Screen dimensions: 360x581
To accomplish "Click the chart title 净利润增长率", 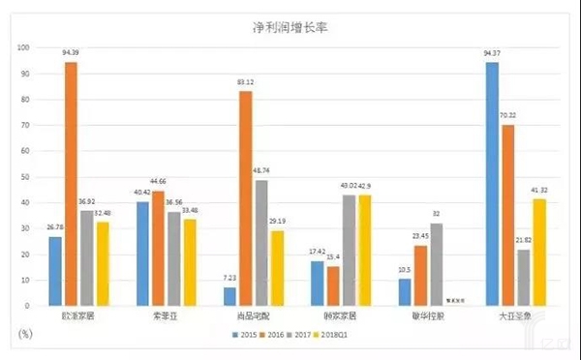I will [x=290, y=28].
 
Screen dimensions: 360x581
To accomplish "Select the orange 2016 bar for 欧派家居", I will [x=71, y=184].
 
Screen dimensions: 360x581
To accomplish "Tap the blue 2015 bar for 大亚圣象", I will [x=492, y=184].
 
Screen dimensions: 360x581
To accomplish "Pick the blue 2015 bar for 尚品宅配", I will [x=229, y=296].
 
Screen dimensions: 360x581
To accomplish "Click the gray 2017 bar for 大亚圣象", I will [x=523, y=277].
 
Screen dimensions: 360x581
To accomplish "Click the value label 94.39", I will [x=72, y=54].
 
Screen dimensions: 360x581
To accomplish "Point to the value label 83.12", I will [x=246, y=83].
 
